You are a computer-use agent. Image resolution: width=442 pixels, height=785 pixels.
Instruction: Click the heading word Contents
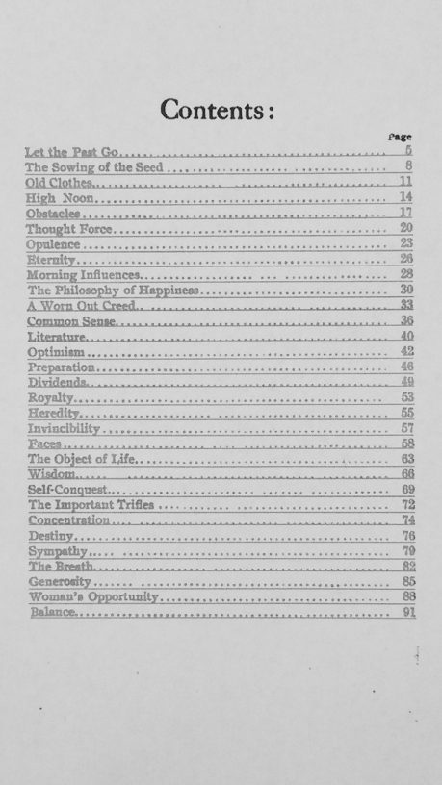tap(220, 109)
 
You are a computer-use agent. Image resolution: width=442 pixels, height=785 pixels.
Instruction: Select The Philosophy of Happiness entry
tap(113, 290)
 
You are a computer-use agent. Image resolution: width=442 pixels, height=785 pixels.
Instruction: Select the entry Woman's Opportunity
tap(92, 597)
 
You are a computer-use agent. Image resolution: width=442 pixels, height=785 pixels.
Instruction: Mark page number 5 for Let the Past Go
tap(409, 151)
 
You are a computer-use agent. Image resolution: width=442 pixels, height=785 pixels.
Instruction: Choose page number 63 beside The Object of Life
tap(407, 459)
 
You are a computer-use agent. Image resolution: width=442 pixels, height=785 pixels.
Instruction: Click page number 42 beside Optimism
tap(407, 352)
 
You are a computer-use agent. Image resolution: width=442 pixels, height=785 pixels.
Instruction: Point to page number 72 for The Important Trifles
tap(407, 505)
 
